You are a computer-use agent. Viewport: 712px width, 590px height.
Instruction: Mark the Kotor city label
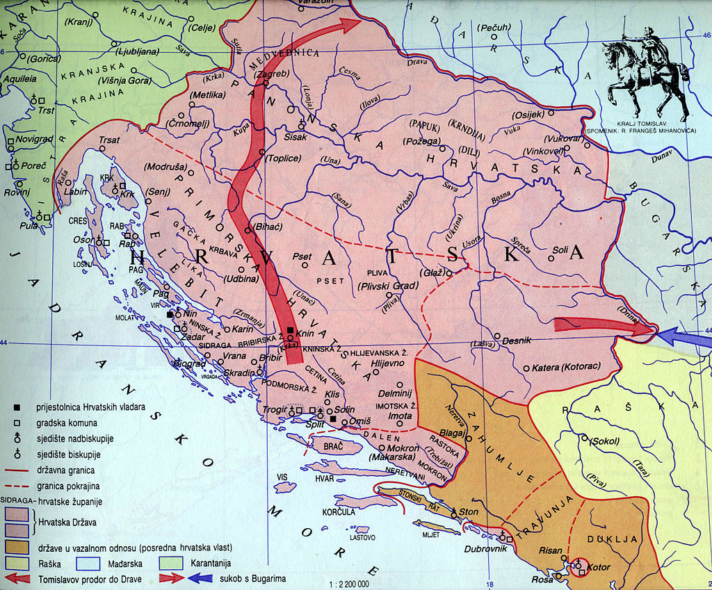click(599, 567)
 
